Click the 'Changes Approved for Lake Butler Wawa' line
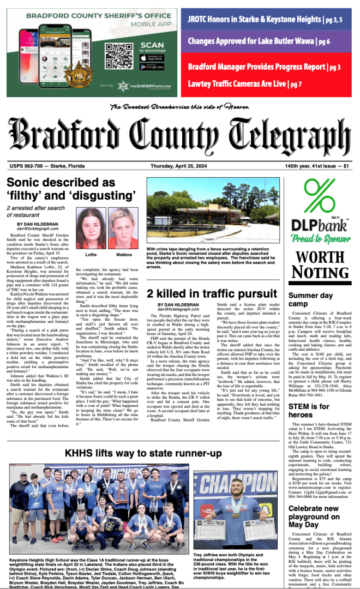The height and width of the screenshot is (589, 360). (x=259, y=41)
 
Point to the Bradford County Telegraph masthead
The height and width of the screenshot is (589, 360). (x=179, y=134)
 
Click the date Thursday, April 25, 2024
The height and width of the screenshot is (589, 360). (x=179, y=166)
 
